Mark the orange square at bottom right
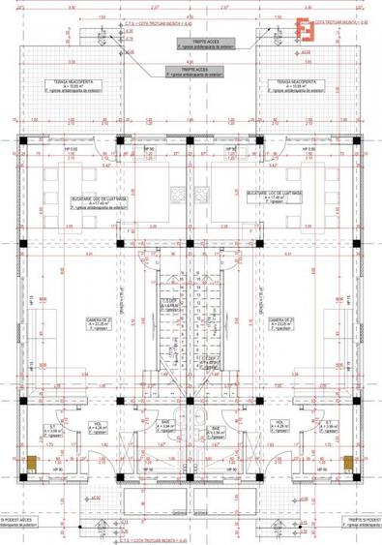coord(349,465)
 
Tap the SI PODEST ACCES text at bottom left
coord(21,520)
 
